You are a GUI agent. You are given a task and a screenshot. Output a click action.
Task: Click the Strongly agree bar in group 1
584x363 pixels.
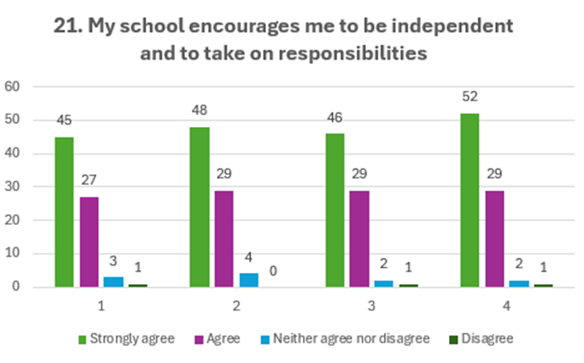(64, 211)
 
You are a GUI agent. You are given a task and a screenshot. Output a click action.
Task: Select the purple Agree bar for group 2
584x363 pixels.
(224, 238)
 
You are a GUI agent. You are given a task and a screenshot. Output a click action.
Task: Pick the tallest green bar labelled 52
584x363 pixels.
(471, 199)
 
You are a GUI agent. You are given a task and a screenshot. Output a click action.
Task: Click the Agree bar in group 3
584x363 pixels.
(360, 238)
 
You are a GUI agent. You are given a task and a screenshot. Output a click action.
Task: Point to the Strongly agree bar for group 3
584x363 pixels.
(335, 210)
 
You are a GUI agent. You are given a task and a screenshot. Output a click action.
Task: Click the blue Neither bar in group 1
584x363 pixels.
(113, 282)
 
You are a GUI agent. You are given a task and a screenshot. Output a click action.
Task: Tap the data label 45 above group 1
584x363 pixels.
(64, 120)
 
